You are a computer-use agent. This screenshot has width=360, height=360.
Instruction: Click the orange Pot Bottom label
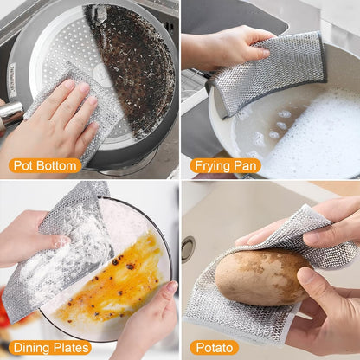pyautogui.click(x=45, y=166)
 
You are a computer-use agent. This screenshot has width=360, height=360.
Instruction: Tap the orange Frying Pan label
pyautogui.click(x=226, y=166)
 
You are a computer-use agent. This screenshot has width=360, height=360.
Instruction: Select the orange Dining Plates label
pyautogui.click(x=50, y=348)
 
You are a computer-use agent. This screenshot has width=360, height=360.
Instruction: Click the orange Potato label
pyautogui.click(x=215, y=348)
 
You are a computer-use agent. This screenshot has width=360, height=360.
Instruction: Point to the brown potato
pyautogui.click(x=262, y=277)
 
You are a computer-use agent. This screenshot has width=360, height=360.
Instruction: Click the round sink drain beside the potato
pyautogui.click(x=188, y=249)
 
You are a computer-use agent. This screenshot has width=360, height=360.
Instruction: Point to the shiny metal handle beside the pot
pyautogui.click(x=11, y=113)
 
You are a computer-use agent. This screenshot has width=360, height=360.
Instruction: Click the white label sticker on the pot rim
pyautogui.click(x=12, y=80)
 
